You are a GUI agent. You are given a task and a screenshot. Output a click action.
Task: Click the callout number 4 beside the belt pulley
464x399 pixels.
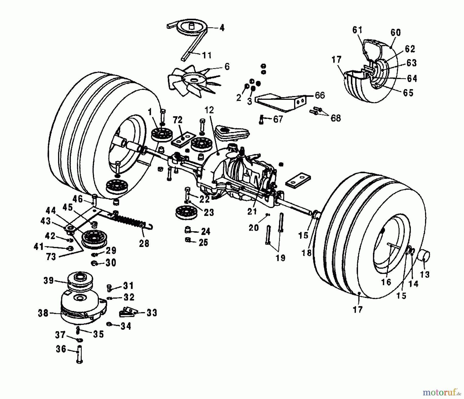(x=222, y=28)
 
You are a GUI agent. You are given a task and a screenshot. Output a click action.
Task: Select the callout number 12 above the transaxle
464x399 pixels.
(x=209, y=110)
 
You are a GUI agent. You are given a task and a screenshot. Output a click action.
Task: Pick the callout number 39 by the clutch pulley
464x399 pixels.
(x=48, y=280)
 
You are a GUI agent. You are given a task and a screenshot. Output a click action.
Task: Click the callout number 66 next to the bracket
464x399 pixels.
(x=320, y=95)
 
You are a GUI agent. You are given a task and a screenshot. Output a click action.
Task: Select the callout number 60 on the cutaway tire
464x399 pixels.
(x=396, y=33)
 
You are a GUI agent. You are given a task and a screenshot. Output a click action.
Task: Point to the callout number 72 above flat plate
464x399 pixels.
(x=178, y=120)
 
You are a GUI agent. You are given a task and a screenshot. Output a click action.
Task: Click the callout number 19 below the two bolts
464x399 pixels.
(x=280, y=257)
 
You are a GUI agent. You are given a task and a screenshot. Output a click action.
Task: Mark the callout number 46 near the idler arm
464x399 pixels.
(x=78, y=199)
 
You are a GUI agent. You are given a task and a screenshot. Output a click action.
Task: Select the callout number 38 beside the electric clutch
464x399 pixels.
(x=43, y=313)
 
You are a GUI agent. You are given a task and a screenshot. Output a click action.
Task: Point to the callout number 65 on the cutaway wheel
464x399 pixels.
(x=408, y=93)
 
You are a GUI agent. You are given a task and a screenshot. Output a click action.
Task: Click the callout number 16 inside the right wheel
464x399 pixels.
(x=386, y=282)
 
